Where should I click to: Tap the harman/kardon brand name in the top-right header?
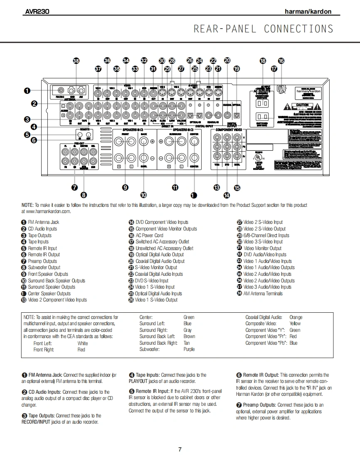pos(308,12)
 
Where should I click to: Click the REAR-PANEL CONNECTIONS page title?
pos(263,29)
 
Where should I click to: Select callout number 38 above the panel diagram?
pos(76,61)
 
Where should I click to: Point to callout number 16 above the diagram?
pos(281,61)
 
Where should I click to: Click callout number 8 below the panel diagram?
pos(84,194)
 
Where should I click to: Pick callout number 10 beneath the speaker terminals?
pos(143,194)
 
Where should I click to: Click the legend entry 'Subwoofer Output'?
pos(44,267)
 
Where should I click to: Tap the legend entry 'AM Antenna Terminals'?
pos(263,294)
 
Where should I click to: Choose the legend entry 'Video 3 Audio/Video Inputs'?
pos(267,287)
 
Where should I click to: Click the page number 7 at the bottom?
pos(180,449)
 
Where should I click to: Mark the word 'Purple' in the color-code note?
pos(189,349)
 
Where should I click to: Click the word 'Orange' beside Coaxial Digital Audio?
pos(296,317)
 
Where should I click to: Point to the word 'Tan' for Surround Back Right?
pos(187,343)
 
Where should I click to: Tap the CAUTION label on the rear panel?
pos(302,105)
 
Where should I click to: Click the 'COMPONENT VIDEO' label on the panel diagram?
pos(228,130)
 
